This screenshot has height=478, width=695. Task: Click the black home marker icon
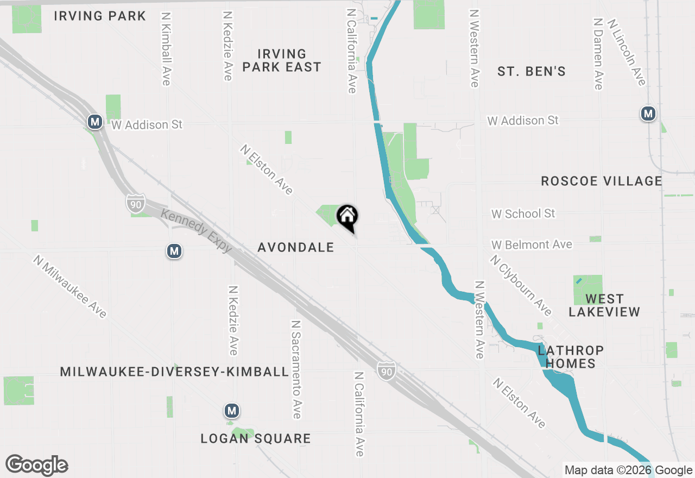coord(347,217)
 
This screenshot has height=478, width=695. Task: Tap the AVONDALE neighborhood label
coord(296,248)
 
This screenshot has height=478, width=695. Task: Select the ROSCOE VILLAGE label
coord(602,181)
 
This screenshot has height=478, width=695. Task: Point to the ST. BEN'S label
coord(532,71)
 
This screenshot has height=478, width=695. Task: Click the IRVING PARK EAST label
coord(282,60)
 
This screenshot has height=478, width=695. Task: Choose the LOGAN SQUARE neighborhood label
coord(256,438)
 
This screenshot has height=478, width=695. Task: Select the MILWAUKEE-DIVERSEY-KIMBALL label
coord(174,372)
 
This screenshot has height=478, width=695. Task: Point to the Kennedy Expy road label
coord(197,230)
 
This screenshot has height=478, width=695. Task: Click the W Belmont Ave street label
coord(532,245)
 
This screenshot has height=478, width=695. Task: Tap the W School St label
coord(523,214)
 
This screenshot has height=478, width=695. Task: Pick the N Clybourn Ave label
coord(520,285)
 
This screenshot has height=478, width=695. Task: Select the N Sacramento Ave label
coord(296,369)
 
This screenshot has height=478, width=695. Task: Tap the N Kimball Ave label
coord(166,48)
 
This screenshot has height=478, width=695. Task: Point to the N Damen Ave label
coord(598,53)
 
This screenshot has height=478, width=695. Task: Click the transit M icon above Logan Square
coord(232,411)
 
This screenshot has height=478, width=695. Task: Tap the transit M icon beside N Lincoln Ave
coord(648,114)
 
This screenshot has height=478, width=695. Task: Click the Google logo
coord(36,466)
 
